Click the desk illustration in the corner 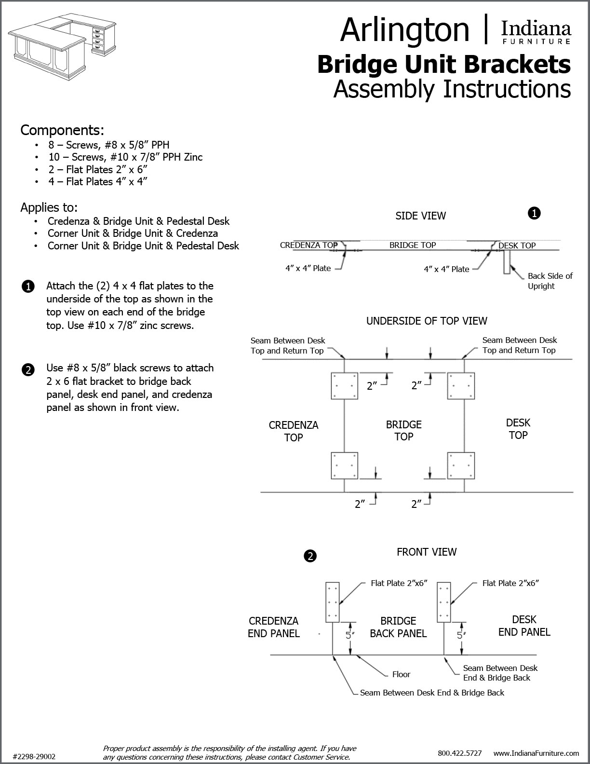pos(63,39)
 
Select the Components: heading pos(62,130)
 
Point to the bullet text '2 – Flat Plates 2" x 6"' pos(97,169)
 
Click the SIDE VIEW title pos(420,216)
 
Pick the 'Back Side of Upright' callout pos(550,281)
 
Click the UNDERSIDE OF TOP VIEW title pos(427,321)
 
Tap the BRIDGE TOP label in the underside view pos(403,430)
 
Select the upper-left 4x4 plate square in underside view pos(344,386)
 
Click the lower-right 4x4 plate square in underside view pos(461,465)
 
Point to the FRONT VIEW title pos(426,552)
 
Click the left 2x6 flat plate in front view pos(333,602)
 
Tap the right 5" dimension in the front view pos(460,635)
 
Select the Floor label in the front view pos(401,674)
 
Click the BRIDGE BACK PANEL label pos(398,627)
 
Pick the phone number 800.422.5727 pos(459,753)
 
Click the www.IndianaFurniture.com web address pos(536,753)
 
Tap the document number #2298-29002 pos(34,756)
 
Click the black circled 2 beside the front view pos(310,556)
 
